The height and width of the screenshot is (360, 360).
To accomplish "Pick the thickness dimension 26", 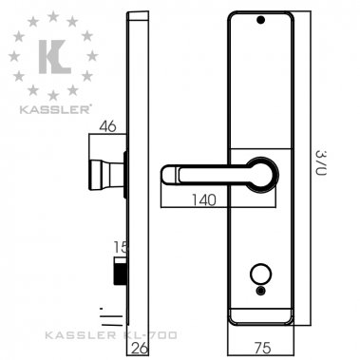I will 138,349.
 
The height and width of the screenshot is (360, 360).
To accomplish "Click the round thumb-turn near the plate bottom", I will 260,277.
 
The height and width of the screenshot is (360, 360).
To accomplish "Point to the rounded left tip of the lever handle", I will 168,175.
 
